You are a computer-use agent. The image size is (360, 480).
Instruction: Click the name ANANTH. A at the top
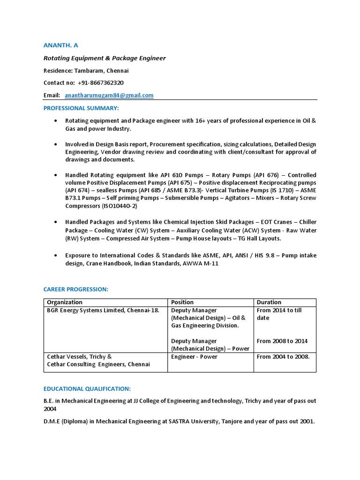point(61,45)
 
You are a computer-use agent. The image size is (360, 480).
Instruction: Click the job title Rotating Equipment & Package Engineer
point(105,58)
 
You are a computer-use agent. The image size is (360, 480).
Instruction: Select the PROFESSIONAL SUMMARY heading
point(82,108)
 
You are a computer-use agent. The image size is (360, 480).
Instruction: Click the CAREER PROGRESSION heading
point(76,289)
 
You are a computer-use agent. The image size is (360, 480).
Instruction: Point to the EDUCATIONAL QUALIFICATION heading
point(87,389)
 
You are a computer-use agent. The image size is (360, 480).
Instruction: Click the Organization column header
point(65,302)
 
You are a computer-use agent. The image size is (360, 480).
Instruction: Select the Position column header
point(182,302)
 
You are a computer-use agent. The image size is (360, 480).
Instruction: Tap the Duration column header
point(269,302)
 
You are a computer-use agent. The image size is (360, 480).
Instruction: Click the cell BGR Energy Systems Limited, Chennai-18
point(103,310)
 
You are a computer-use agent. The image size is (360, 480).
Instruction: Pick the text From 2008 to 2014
point(282,341)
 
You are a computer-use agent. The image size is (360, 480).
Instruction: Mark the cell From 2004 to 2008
point(283,357)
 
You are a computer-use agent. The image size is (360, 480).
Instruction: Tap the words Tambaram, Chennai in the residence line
point(108,71)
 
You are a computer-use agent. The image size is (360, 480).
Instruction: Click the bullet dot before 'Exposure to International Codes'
point(56,255)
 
